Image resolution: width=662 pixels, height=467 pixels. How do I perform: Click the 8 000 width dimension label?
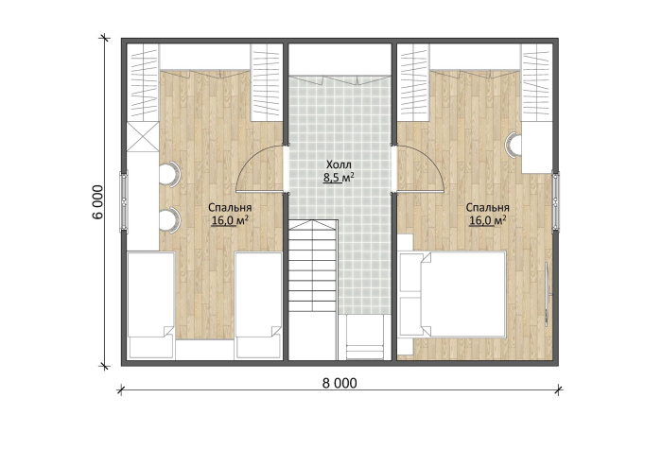[340, 383]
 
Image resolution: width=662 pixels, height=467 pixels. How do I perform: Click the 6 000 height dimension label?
[97, 202]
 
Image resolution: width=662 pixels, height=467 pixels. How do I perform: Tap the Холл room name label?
[339, 164]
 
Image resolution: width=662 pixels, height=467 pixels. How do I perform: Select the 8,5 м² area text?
[339, 178]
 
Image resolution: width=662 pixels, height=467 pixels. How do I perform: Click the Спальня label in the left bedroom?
[230, 208]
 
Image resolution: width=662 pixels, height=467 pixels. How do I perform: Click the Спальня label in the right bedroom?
[488, 208]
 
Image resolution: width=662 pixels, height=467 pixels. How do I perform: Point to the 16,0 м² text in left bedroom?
[230, 220]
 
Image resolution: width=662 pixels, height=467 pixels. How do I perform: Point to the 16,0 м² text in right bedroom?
[488, 220]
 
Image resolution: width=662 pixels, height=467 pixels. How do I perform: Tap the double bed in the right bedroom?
[452, 294]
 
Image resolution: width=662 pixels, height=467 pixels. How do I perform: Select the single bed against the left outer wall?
[151, 305]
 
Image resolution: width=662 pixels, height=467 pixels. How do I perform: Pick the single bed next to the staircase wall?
[258, 305]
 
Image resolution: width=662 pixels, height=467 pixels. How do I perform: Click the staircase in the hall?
[313, 266]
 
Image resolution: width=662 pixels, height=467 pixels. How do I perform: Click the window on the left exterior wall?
[124, 201]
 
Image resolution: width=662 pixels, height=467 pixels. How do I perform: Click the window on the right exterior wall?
[556, 201]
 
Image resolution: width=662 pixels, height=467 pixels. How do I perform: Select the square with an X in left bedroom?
[143, 137]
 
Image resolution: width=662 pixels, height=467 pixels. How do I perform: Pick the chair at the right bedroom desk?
[513, 145]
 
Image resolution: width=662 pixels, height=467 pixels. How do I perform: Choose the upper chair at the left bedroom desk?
[169, 174]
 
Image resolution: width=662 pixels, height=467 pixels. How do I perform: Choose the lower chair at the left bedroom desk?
[169, 219]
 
